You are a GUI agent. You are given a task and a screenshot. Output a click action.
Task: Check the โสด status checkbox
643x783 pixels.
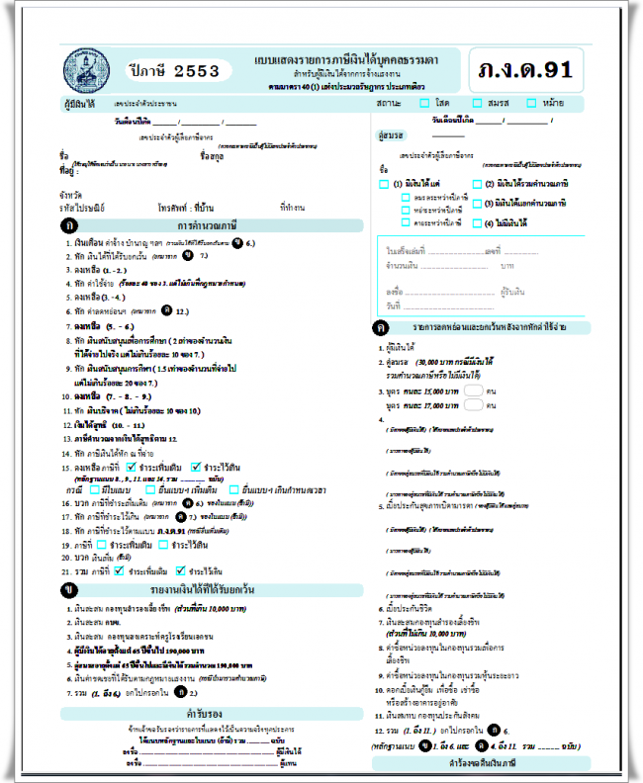[x=424, y=102]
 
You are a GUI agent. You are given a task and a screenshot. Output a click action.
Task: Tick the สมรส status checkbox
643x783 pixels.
[x=479, y=102]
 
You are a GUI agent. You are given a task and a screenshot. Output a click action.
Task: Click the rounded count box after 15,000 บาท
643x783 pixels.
[x=473, y=391]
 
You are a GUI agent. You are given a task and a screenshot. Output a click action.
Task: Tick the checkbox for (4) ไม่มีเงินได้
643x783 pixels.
[x=477, y=223]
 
